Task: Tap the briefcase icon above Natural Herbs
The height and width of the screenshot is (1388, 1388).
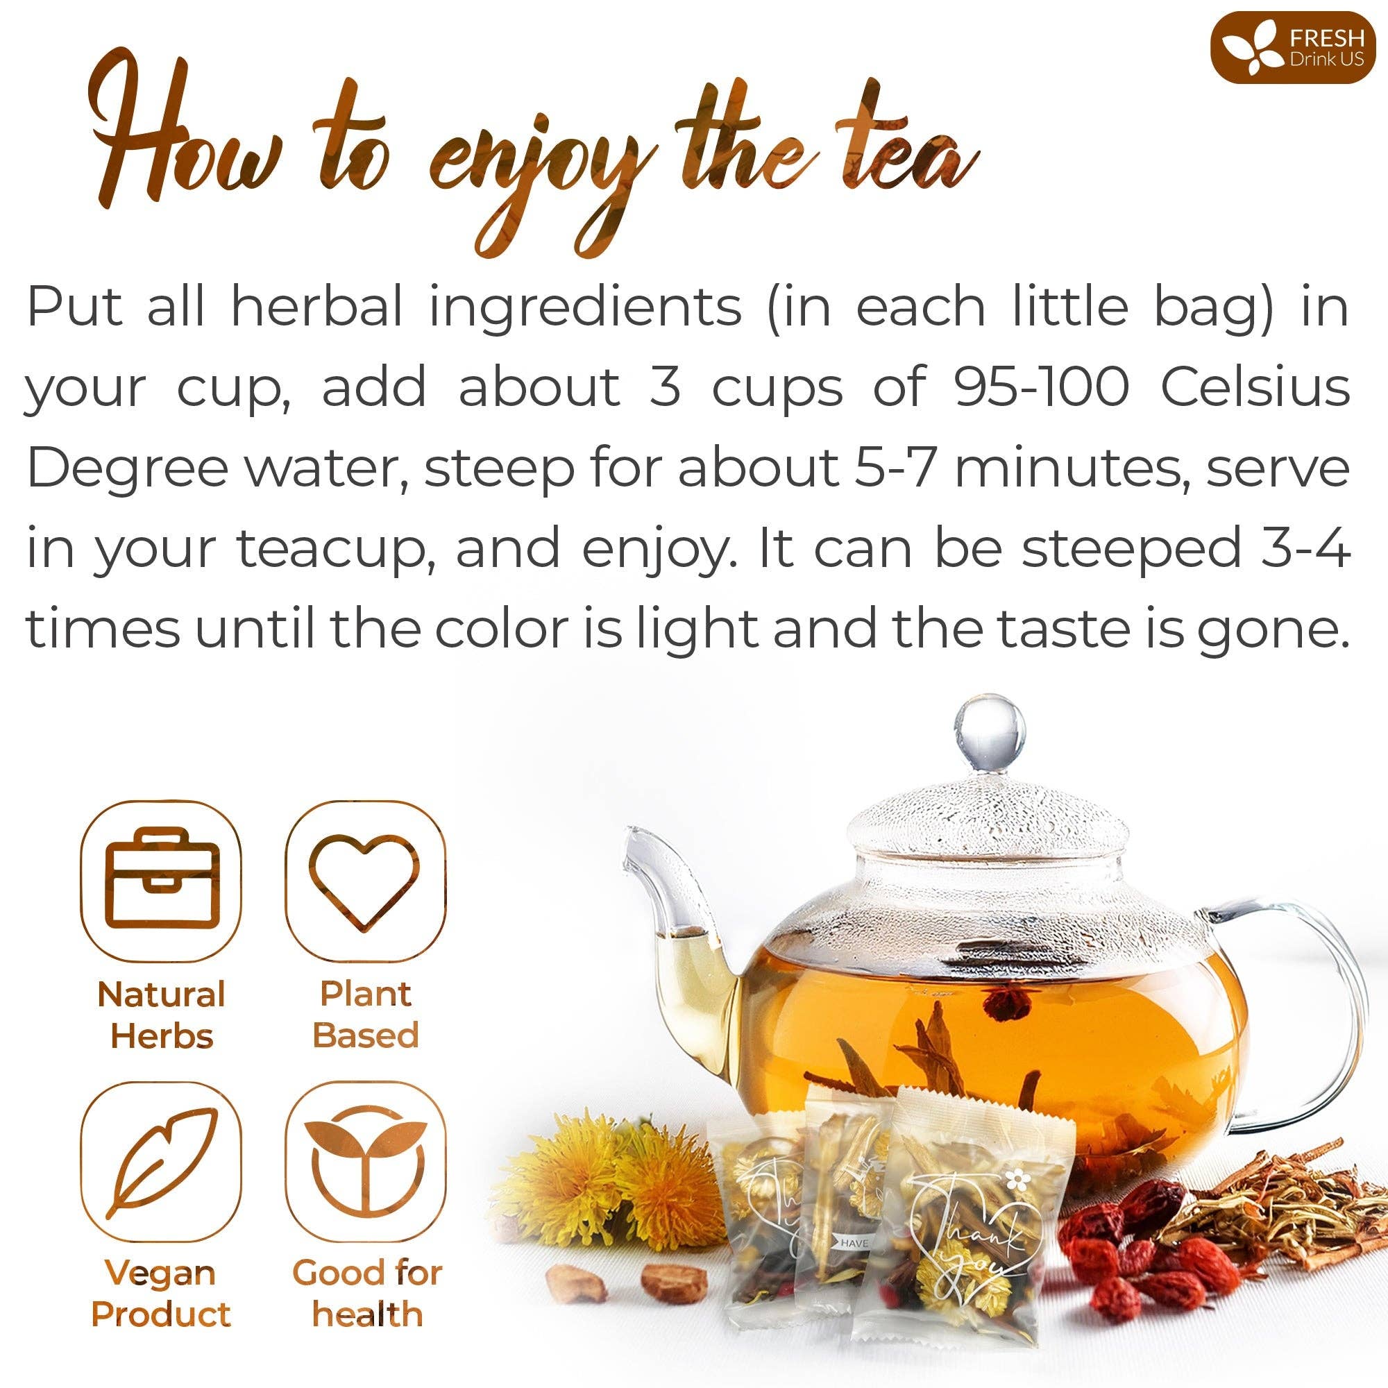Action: click(x=160, y=882)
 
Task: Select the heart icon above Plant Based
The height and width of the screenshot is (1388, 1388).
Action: click(x=366, y=882)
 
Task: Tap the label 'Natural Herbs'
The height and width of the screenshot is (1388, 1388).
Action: click(x=162, y=1015)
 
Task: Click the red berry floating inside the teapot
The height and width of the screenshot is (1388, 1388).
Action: click(x=1003, y=1000)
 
